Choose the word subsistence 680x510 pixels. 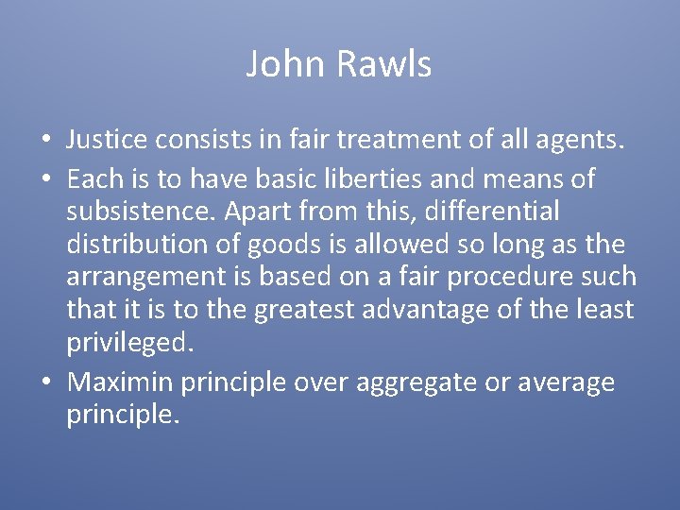149,210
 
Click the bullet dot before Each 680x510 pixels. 45,177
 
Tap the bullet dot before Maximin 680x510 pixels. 45,382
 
